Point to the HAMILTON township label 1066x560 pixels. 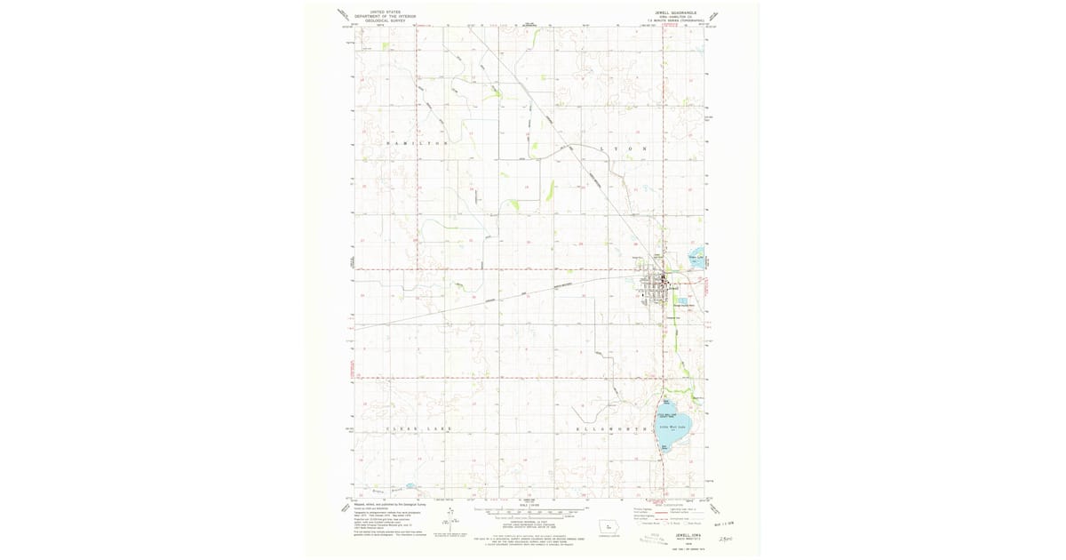(414, 143)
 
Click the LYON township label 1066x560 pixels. (622, 148)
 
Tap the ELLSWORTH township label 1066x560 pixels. (612, 429)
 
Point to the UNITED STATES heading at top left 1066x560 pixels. (384, 12)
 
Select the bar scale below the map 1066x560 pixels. (533, 513)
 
